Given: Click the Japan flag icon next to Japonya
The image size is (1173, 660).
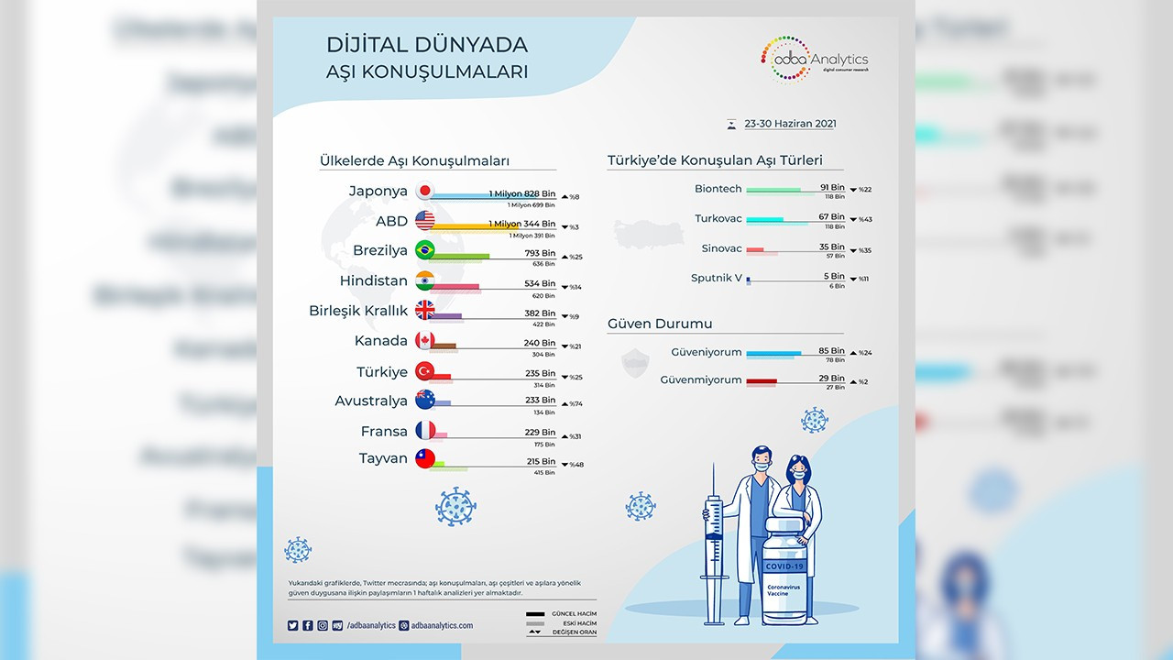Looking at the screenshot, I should point(424,192).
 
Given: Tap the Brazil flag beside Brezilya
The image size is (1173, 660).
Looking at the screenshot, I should point(424,250).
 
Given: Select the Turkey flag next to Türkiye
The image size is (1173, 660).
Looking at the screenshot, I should point(424,371).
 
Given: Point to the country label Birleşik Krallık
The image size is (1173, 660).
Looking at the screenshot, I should point(358,311).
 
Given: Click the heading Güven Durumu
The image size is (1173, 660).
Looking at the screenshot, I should point(660,324).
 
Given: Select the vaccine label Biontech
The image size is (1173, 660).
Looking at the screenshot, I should point(718,189).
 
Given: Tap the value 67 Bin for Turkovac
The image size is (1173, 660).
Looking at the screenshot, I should point(832,217).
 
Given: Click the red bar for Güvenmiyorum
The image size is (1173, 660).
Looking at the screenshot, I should point(762,380).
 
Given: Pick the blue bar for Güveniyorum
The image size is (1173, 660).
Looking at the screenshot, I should point(773,353).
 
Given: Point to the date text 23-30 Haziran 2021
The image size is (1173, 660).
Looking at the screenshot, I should point(790,124).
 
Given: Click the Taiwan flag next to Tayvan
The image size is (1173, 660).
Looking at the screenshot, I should point(424,459).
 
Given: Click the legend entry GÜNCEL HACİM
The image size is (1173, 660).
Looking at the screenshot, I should point(574,612).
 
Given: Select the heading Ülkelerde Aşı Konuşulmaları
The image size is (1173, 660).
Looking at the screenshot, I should point(414,161).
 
